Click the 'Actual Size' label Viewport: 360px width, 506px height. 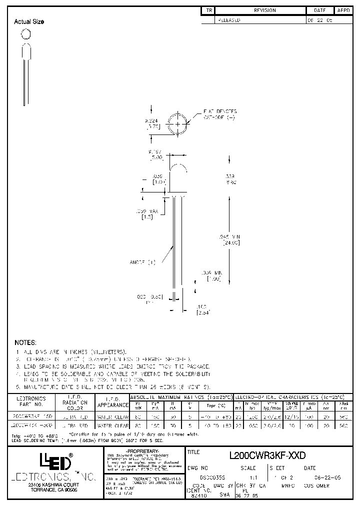coord(29,21)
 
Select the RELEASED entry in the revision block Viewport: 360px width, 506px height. coord(228,20)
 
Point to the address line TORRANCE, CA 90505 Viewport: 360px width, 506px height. coord(49,490)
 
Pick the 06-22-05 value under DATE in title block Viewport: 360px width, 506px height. coord(317,478)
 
